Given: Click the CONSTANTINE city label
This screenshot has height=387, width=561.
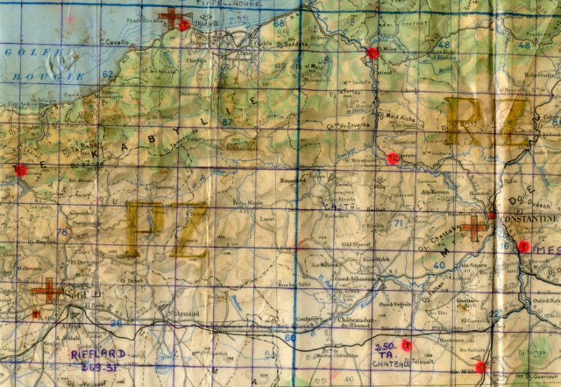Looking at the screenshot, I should tap(529, 218).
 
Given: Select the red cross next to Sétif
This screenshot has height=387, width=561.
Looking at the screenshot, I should tap(47, 290).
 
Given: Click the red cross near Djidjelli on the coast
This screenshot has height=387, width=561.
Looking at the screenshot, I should tap(171, 18).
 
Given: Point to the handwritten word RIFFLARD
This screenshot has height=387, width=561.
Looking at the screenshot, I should tap(98, 354).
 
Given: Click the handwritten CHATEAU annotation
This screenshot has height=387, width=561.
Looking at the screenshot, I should tap(390, 363).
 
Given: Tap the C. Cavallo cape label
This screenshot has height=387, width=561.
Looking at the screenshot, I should tap(114, 43).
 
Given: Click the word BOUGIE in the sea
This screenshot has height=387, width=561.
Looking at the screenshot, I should tap(33, 76).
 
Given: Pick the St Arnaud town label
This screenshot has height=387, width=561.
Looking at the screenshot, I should tap(186, 314).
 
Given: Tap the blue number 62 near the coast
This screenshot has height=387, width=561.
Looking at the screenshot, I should tap(108, 74).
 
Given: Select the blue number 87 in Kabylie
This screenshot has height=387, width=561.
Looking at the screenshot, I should tap(228, 122).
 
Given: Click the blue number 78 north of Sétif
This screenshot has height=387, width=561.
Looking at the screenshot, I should tap(62, 232).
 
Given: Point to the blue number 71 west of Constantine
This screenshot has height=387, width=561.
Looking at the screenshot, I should tap(399, 223).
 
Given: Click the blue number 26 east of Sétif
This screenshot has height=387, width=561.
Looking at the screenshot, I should tap(116, 323).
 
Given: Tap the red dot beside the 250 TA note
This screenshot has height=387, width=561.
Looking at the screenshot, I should tap(407, 345).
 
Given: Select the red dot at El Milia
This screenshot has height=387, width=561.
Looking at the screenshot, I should tap(373, 53).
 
